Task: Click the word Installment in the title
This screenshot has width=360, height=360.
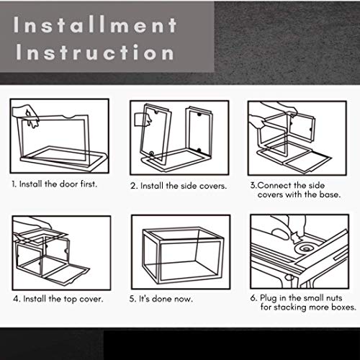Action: pyautogui.click(x=95, y=24)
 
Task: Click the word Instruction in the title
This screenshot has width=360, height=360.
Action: pyautogui.click(x=95, y=52)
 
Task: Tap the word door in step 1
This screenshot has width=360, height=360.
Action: pyautogui.click(x=69, y=184)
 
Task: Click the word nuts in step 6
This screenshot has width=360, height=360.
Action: pyautogui.click(x=333, y=298)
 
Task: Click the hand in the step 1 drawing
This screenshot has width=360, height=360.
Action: pyautogui.click(x=27, y=114)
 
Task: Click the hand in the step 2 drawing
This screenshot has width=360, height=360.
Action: pyautogui.click(x=143, y=120)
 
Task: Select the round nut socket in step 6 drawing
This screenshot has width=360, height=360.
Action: pyautogui.click(x=306, y=248)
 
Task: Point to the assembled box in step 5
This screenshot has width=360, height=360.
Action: pyautogui.click(x=183, y=256)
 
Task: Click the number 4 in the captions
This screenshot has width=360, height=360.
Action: pyautogui.click(x=16, y=299)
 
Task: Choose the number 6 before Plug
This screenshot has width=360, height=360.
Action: pyautogui.click(x=253, y=298)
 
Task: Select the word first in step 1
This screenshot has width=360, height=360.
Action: pyautogui.click(x=89, y=184)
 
